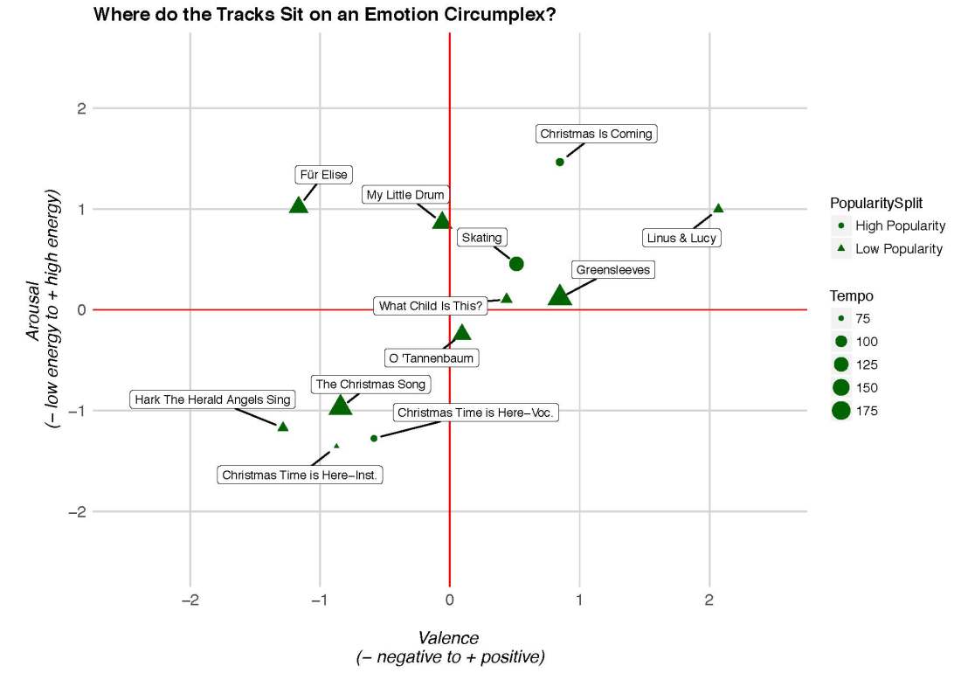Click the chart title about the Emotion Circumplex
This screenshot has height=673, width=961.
click(324, 15)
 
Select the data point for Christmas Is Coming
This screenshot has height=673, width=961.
click(560, 162)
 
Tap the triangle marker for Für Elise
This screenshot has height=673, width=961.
click(299, 205)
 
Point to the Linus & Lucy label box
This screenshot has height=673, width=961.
click(681, 238)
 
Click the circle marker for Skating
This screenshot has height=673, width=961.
click(516, 264)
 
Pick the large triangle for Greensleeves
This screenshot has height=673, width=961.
click(560, 296)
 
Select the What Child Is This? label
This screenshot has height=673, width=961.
click(431, 306)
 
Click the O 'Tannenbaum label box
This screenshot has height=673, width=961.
click(432, 357)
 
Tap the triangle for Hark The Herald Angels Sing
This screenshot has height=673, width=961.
click(283, 427)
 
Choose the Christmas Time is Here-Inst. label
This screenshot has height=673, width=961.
click(302, 475)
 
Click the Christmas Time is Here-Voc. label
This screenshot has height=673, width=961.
click(474, 413)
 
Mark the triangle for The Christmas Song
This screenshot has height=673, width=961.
click(340, 405)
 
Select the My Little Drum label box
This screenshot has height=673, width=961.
click(405, 195)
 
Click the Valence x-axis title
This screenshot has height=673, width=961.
click(449, 638)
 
